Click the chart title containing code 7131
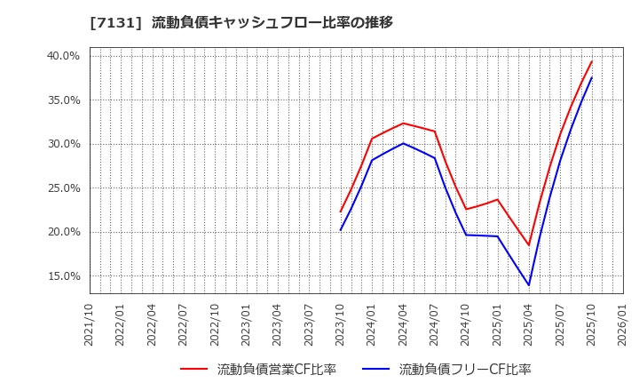241,22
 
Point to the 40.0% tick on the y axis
63,56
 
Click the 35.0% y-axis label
63,100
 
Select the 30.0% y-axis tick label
63,144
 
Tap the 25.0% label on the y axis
63,188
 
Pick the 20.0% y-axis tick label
63,232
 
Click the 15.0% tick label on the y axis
63,276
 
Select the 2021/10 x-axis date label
89,324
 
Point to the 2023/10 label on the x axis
341,324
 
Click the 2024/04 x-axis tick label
404,324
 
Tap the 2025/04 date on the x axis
529,324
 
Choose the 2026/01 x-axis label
623,324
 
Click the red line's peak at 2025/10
592,61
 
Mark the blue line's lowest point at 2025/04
529,285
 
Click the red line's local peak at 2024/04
403,124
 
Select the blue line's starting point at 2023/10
341,230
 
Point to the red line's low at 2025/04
529,245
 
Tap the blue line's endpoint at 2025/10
592,77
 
